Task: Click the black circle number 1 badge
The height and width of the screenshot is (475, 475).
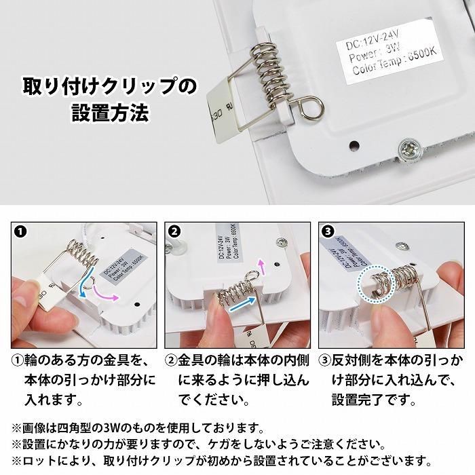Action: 21,231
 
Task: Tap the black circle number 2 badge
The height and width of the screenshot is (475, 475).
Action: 174,231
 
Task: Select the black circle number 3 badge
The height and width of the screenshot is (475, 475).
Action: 328,231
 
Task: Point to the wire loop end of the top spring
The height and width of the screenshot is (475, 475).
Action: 311,106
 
